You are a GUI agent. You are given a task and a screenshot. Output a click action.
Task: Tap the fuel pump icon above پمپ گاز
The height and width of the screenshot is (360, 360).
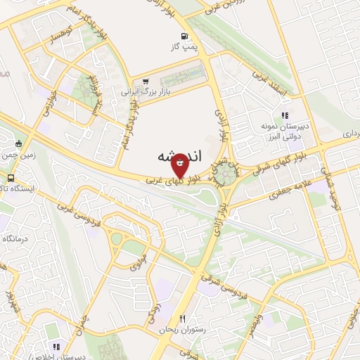(x=184, y=36)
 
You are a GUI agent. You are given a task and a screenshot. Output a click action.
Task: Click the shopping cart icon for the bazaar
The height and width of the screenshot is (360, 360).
(x=146, y=81)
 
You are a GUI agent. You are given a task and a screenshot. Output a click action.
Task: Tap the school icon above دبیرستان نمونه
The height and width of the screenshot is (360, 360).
(x=284, y=114)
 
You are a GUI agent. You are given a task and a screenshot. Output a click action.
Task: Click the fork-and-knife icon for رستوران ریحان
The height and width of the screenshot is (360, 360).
(x=182, y=319)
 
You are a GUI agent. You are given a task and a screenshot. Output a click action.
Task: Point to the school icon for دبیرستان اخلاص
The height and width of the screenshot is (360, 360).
(x=57, y=347)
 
